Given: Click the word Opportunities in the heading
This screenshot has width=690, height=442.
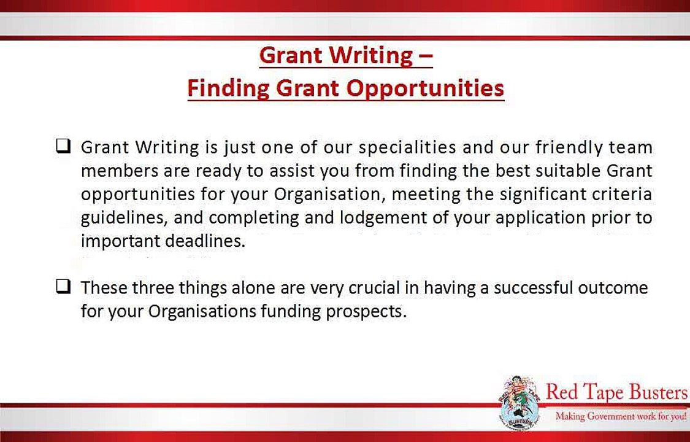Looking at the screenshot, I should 425,88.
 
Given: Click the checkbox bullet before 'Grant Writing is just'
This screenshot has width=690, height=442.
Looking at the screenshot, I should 63,147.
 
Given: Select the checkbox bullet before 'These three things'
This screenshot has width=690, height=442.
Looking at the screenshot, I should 63,287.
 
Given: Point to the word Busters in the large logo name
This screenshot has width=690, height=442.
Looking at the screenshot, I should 654,392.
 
